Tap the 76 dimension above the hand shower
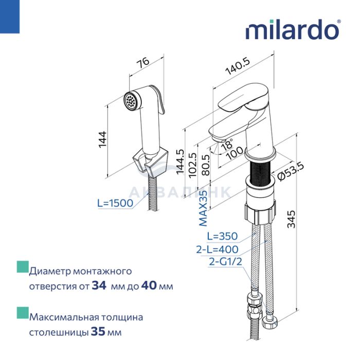pos(143,63)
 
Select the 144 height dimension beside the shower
pos(102,139)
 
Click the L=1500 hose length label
pos(115,203)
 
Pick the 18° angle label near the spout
pos(227,144)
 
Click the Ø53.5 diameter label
pos(291,171)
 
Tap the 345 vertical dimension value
pos(292,219)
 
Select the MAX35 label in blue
pos(203,208)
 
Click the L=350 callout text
pos(222,236)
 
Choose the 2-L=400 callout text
pos(217,249)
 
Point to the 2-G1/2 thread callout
pos(225,261)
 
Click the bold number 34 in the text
pos(99,285)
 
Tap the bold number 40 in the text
pos(149,285)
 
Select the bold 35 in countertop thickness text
pos(98,331)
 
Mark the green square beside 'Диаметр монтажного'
pos(23,267)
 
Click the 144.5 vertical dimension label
pos(180,161)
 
